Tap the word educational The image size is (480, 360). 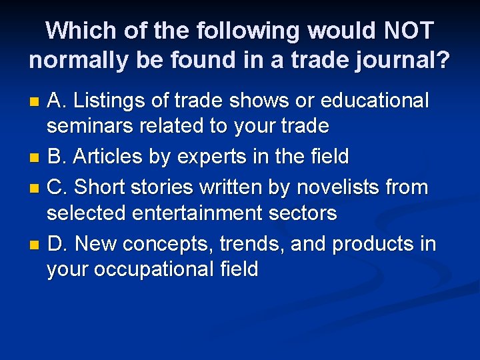coord(375,101)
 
